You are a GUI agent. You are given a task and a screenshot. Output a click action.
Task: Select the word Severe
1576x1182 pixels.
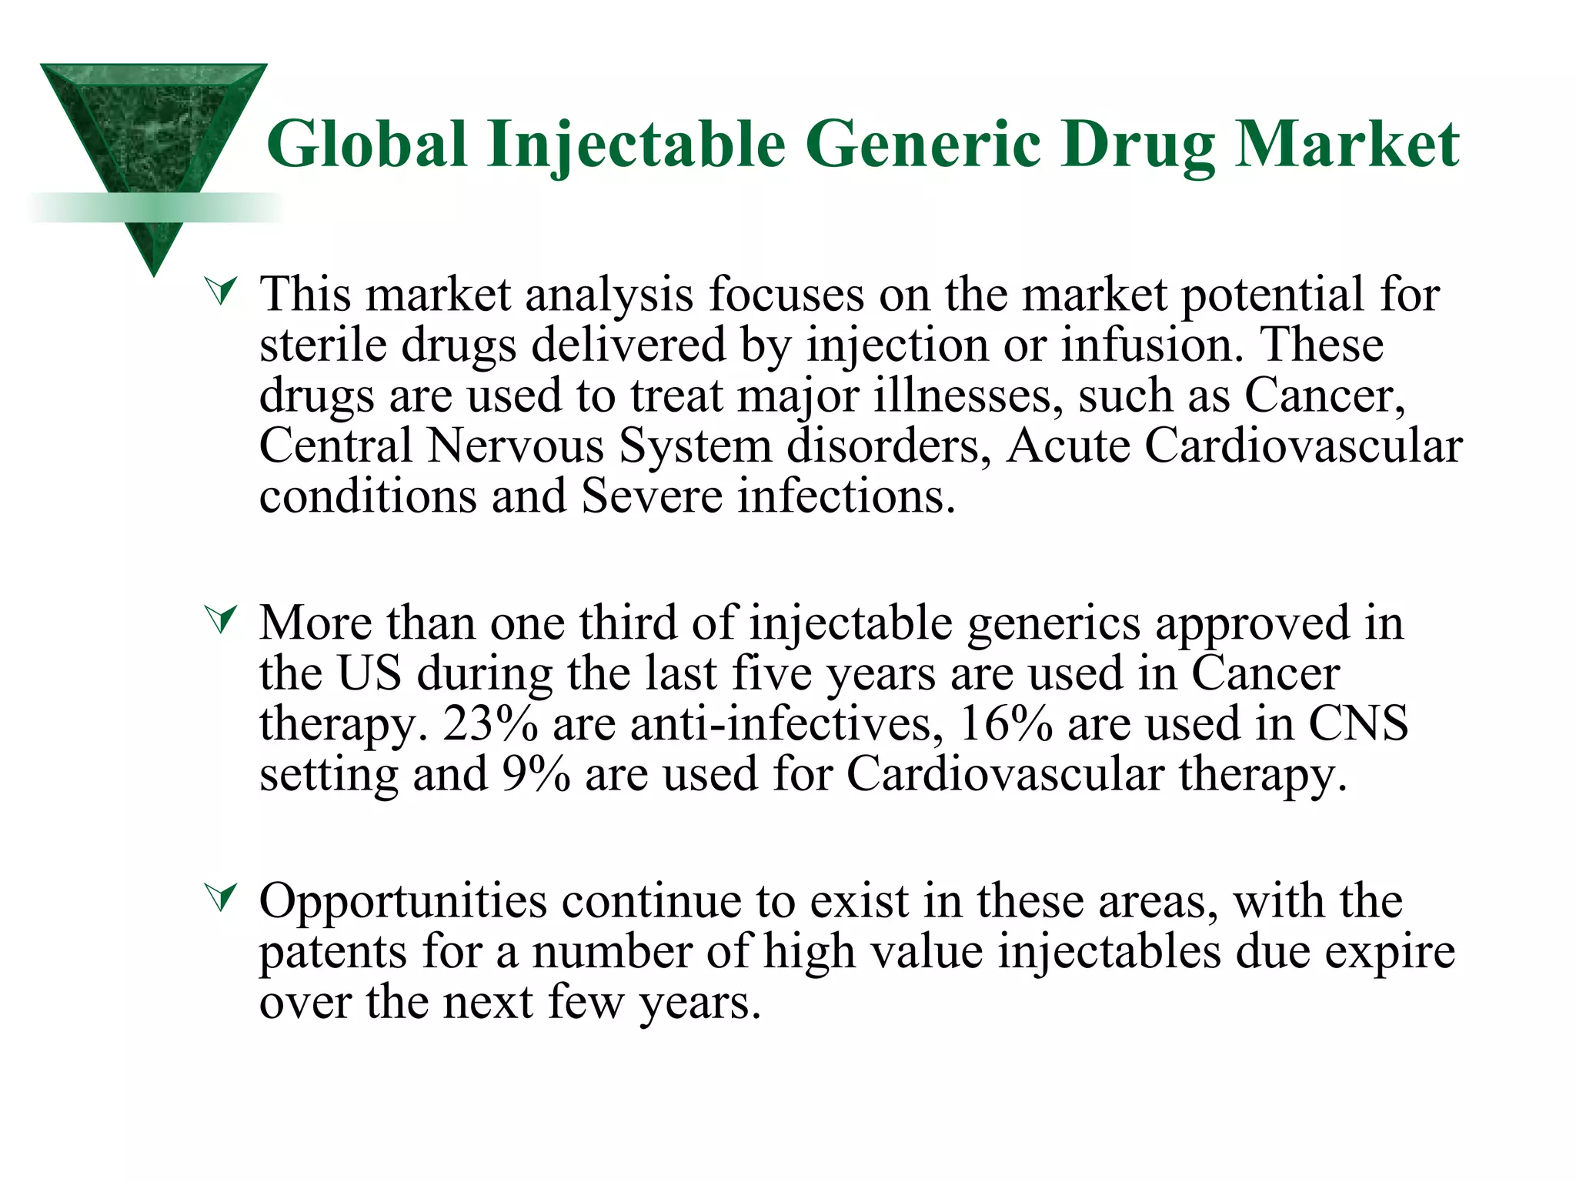pos(652,496)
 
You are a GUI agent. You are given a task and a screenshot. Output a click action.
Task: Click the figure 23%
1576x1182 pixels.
pos(490,724)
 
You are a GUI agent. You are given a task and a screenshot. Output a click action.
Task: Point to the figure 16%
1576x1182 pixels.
pos(1006,724)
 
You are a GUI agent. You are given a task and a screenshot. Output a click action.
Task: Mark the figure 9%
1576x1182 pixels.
pos(536,774)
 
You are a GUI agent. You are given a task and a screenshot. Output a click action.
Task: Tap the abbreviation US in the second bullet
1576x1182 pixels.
pos(369,673)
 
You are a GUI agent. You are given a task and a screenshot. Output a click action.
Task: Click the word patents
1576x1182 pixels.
pos(332,952)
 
